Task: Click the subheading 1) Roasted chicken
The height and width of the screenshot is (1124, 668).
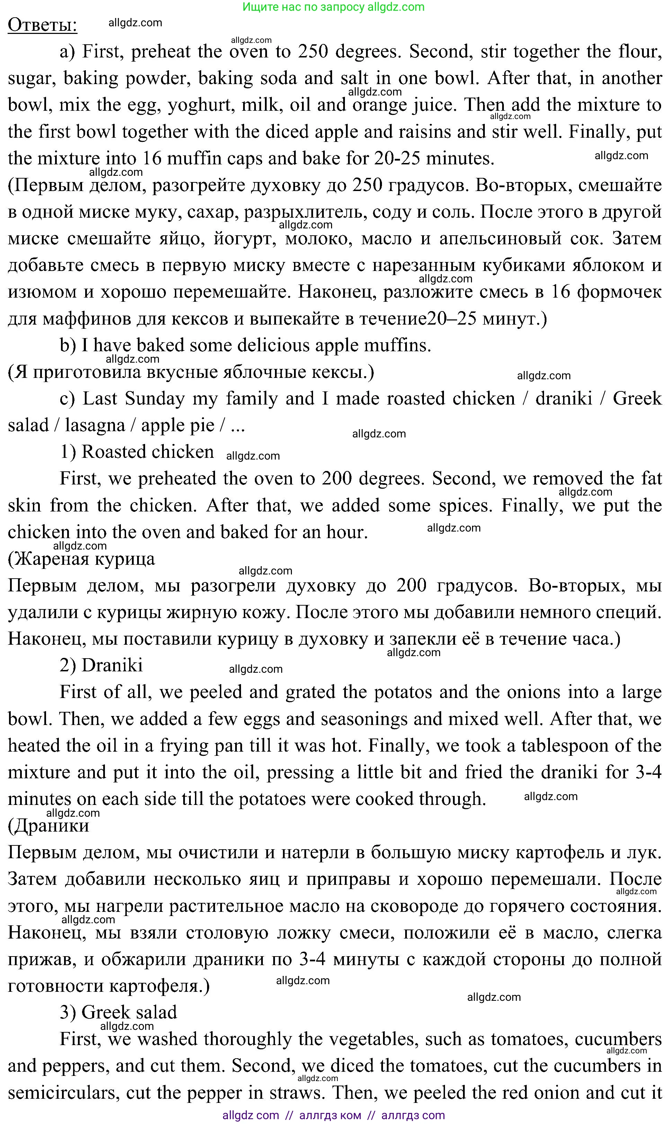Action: [x=137, y=452]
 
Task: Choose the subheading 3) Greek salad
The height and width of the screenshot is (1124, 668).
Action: [x=118, y=1013]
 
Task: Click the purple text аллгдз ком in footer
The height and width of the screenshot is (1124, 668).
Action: [x=330, y=1115]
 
